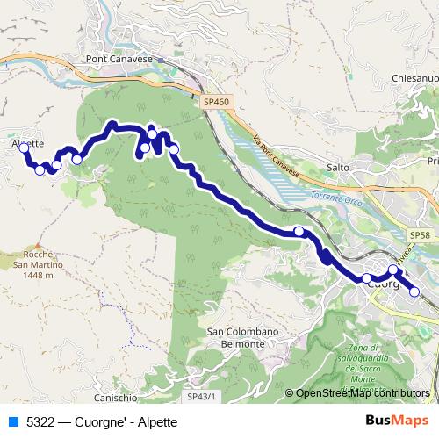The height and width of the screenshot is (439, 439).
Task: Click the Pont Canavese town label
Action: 119,60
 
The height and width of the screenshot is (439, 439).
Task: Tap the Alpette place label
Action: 28,143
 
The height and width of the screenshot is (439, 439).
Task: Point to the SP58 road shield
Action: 420,236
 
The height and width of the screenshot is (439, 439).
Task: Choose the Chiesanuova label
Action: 415,77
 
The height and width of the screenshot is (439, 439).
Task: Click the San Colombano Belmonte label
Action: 236,337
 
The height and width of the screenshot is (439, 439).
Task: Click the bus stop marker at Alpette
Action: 24,148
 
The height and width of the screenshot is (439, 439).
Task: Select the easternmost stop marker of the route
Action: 414,292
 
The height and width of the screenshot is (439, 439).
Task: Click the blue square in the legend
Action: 13,422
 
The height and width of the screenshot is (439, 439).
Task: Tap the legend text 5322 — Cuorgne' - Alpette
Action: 102,422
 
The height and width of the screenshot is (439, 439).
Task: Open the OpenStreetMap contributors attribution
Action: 363,393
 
